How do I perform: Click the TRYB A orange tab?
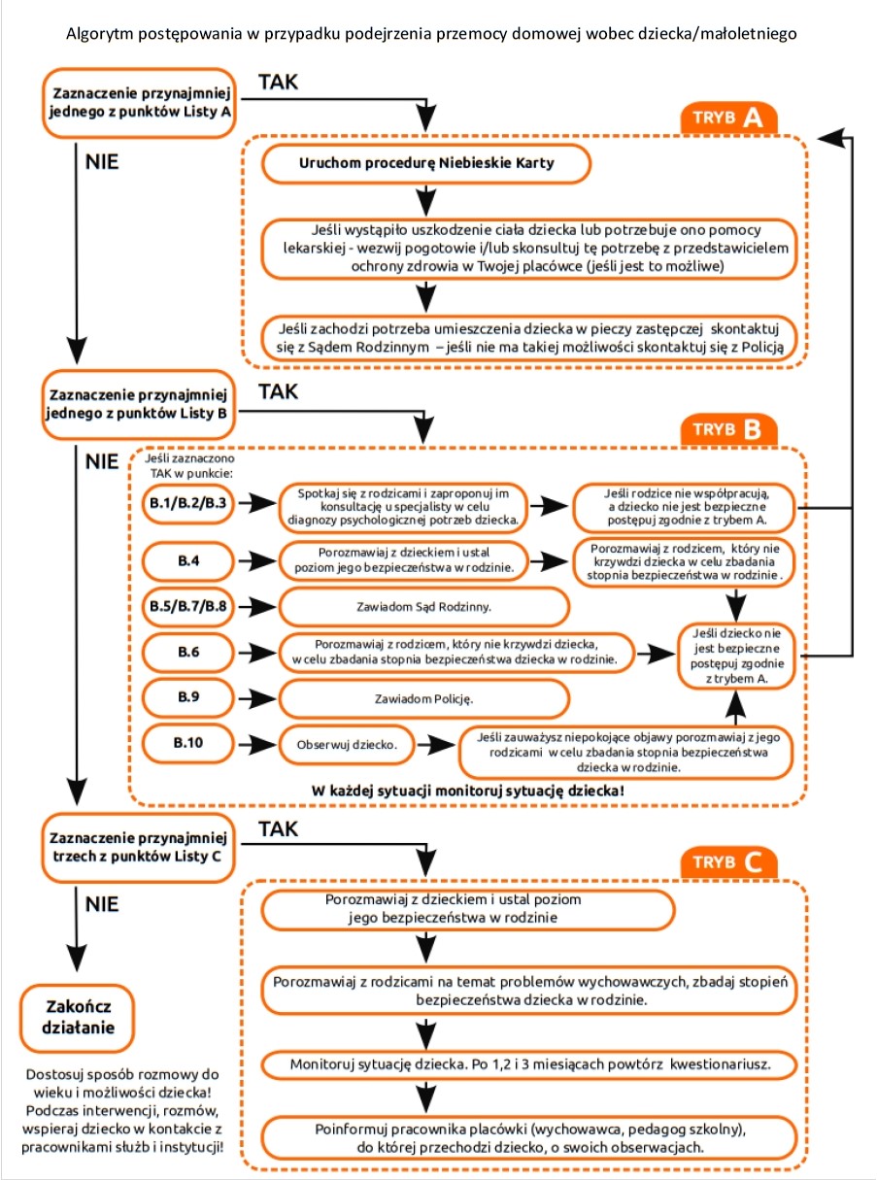tap(729, 118)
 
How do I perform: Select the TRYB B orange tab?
tap(729, 429)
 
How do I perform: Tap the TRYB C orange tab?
tap(729, 861)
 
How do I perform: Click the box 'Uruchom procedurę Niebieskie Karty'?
tap(425, 163)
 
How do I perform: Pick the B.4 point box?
tap(187, 560)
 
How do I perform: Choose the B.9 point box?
tap(187, 697)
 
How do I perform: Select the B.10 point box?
tap(187, 743)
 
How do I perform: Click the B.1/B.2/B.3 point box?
tap(187, 503)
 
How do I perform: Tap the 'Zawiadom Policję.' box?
tap(424, 698)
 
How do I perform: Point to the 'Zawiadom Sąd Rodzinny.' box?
tap(424, 606)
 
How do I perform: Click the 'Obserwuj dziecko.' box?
tap(347, 744)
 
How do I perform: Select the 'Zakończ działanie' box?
tap(78, 1017)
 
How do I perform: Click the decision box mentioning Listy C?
tap(138, 848)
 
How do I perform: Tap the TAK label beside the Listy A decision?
tap(279, 82)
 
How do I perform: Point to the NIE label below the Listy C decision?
tap(102, 904)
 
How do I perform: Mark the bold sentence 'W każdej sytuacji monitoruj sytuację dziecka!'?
tap(468, 791)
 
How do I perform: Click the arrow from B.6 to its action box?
tap(257, 653)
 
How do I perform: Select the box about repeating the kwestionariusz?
tap(529, 1064)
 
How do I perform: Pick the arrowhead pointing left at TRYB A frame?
tap(830, 138)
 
